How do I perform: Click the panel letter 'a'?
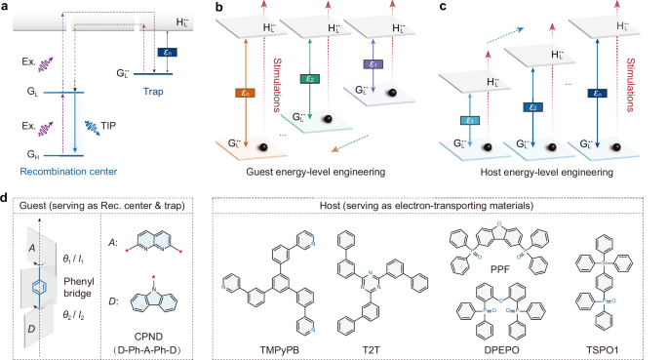(7, 7)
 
